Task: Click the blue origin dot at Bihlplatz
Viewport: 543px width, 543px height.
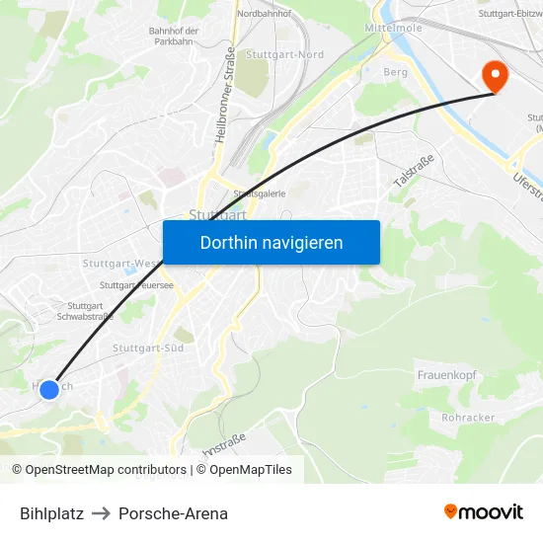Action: pyautogui.click(x=49, y=390)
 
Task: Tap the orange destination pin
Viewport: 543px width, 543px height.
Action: pyautogui.click(x=492, y=75)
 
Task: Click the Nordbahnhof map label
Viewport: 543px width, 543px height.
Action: pyautogui.click(x=264, y=14)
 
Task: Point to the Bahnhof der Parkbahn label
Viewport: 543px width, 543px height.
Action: pyautogui.click(x=174, y=37)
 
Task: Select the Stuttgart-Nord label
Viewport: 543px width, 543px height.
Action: pyautogui.click(x=284, y=55)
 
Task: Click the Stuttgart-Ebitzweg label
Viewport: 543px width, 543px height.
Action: pyautogui.click(x=509, y=14)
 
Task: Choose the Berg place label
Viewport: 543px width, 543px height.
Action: pyautogui.click(x=395, y=72)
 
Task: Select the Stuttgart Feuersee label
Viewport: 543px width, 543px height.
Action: pyautogui.click(x=136, y=284)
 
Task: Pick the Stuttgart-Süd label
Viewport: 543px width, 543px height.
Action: pyautogui.click(x=148, y=349)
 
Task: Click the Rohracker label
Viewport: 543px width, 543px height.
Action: pyautogui.click(x=469, y=417)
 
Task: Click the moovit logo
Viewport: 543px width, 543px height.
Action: pyautogui.click(x=484, y=512)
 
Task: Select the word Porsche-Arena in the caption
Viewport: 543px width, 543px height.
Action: pyautogui.click(x=173, y=513)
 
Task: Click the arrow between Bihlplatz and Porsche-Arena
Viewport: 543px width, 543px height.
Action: pyautogui.click(x=102, y=513)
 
